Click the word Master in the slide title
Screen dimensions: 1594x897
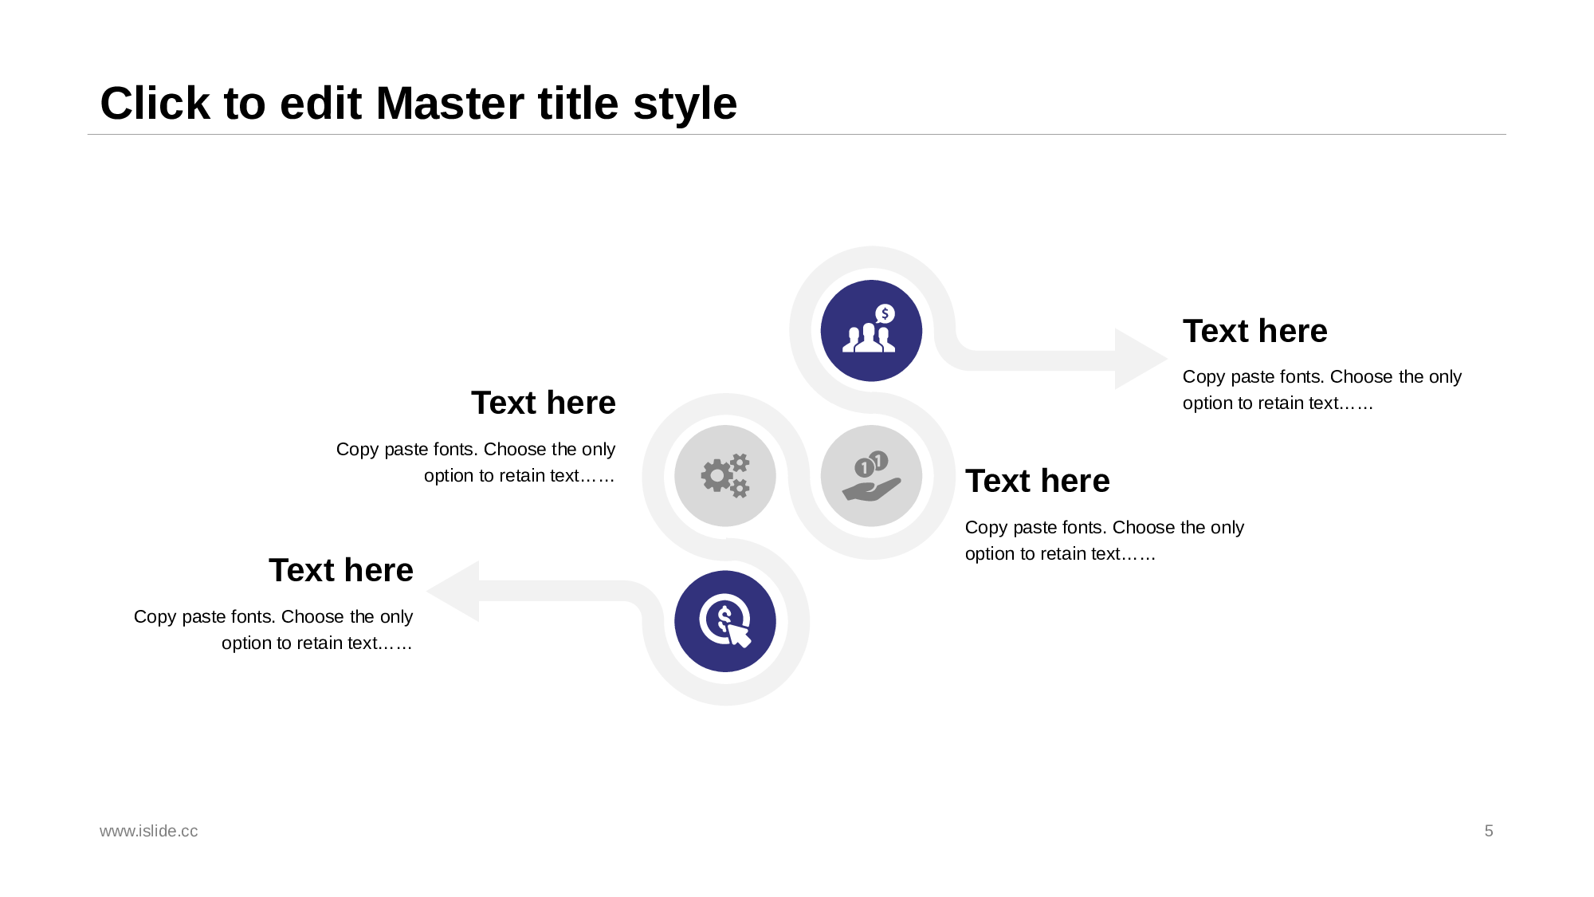coord(497,104)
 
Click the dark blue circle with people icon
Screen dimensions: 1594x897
coord(871,331)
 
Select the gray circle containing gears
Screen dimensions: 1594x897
coord(725,476)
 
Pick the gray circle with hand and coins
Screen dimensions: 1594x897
coord(871,476)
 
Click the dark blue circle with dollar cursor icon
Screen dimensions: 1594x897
coord(725,621)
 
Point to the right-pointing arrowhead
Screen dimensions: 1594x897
coord(1141,359)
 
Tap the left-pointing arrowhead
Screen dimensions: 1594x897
coord(453,591)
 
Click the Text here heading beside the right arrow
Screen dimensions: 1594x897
coord(1255,331)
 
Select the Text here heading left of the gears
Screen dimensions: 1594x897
coord(544,403)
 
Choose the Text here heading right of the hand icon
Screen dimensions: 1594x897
coord(1038,481)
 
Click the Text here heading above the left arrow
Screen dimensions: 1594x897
coord(341,570)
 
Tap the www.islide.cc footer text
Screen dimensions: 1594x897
coord(149,831)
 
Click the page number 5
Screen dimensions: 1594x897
coord(1489,831)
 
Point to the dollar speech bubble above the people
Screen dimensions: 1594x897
coord(885,314)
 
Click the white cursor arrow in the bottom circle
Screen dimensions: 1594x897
coord(739,635)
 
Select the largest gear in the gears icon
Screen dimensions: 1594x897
coord(717,476)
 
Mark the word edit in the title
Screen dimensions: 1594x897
coord(320,104)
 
